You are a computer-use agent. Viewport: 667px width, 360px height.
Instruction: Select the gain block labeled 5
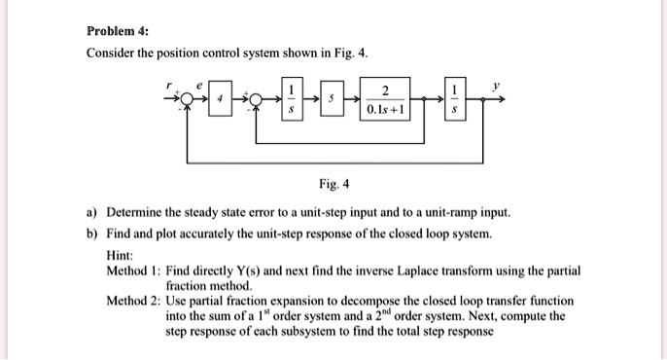click(x=331, y=99)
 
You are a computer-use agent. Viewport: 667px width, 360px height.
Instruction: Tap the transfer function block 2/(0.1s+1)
click(x=388, y=99)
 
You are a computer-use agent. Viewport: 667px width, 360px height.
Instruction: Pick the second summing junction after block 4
click(x=258, y=99)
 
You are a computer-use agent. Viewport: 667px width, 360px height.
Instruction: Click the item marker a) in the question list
click(x=92, y=212)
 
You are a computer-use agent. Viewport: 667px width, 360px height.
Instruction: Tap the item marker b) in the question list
click(x=92, y=234)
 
